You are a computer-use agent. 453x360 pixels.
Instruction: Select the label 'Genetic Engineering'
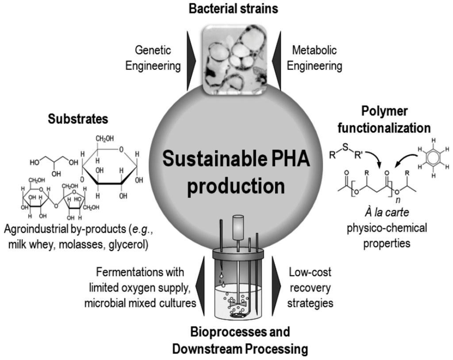point(153,58)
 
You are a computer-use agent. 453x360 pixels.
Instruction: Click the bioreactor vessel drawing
point(238,279)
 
